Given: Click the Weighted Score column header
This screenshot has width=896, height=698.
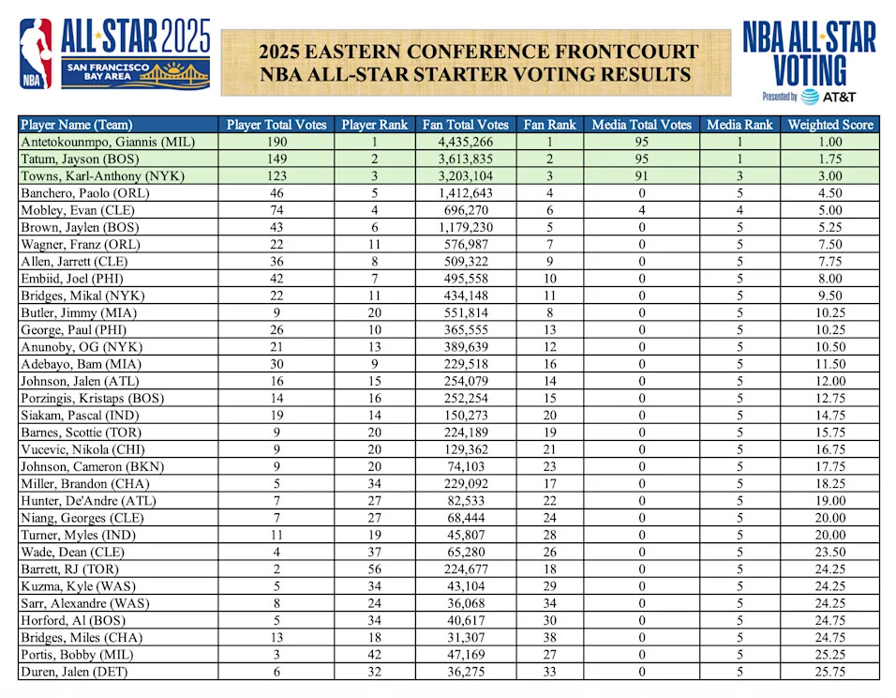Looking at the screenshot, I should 829,125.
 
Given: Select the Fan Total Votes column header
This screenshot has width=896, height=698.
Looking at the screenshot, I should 466,125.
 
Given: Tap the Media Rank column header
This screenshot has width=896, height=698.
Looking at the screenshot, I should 739,125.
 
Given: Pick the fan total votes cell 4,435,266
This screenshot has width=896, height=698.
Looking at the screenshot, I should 466,142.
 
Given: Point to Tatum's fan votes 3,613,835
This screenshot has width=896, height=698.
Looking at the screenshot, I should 466,159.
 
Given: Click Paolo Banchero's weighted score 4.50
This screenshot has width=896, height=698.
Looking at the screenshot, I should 829,193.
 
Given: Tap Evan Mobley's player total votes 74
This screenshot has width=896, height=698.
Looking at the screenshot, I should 276,210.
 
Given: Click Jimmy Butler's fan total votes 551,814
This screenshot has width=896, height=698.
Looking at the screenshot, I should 466,312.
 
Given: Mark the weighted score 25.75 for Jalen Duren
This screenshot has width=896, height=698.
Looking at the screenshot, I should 829,672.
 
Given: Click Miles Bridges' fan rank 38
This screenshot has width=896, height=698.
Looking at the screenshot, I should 549,637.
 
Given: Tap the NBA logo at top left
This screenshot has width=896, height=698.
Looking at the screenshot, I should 37,54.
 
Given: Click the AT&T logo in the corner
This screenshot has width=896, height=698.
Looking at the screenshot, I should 826,96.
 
